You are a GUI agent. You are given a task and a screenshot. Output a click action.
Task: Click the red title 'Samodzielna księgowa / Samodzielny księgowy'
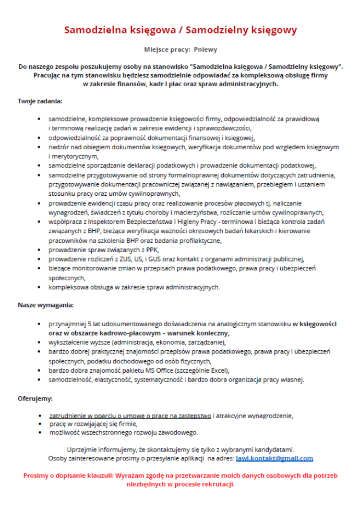coord(181,30)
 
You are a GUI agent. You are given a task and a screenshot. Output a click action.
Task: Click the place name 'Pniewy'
coord(206,50)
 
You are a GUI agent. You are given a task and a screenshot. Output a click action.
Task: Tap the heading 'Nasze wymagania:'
coord(46,304)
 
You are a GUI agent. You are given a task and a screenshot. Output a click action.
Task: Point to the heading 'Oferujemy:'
coord(35,399)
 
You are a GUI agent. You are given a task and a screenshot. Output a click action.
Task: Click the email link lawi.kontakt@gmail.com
coord(274,458)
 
